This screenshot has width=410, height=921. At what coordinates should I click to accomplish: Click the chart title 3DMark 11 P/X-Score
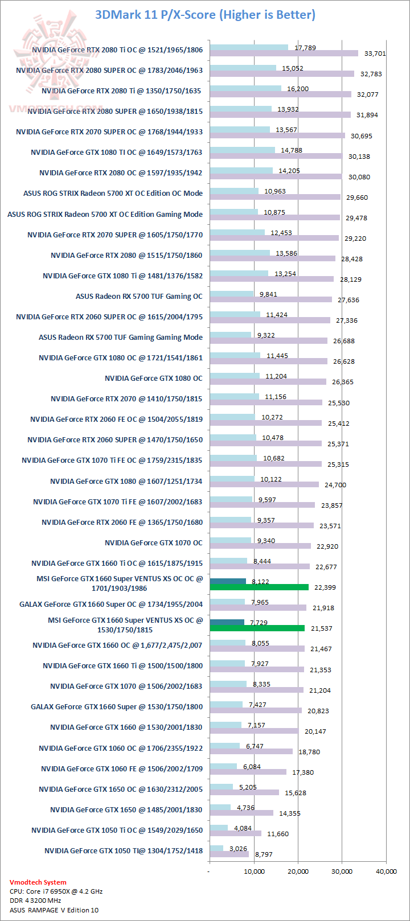tap(205, 15)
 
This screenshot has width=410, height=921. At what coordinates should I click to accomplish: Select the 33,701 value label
tap(375, 54)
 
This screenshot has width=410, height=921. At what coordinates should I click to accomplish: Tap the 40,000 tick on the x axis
tap(386, 871)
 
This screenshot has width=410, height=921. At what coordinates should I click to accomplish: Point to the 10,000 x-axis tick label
tap(254, 871)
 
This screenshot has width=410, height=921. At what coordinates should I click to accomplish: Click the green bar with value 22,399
tap(259, 587)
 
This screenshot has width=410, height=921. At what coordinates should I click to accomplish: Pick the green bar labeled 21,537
tap(257, 628)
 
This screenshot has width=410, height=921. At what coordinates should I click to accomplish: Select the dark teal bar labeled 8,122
tap(228, 582)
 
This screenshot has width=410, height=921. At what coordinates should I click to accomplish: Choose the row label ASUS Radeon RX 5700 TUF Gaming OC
tap(139, 296)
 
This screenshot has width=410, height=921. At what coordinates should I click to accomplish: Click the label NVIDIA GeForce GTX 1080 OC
tap(153, 378)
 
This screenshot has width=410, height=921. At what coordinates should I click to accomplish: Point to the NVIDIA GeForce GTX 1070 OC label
tap(153, 542)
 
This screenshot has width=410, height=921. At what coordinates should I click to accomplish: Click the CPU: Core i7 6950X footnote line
tap(56, 891)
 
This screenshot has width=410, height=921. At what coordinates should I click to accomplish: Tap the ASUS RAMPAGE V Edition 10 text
tap(54, 910)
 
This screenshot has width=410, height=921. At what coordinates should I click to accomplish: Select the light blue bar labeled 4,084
tap(219, 828)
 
